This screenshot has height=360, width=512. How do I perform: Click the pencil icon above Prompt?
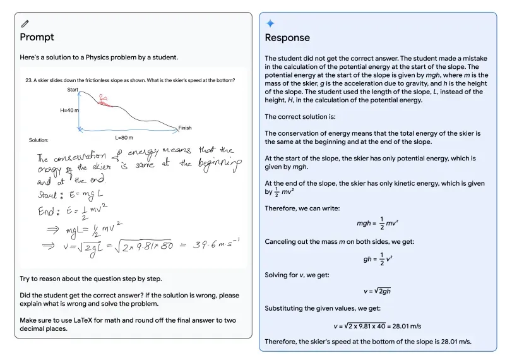tap(25, 23)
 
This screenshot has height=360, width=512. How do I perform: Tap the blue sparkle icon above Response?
tap(270, 23)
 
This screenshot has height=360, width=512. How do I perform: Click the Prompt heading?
tap(37, 37)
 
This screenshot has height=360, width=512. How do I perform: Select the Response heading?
tap(287, 38)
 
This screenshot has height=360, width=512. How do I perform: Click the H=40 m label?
tap(69, 110)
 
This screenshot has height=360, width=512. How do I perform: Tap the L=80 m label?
tap(124, 137)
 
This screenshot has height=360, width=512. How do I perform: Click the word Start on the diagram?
tap(73, 90)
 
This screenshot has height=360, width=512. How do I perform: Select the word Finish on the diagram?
tap(184, 128)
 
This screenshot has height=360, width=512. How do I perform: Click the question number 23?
tap(28, 80)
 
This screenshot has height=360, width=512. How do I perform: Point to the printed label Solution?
tap(39, 140)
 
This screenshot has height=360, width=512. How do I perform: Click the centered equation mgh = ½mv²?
tap(377, 223)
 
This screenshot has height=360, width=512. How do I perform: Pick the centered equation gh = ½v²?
tap(377, 257)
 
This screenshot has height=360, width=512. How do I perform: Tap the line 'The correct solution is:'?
tap(300, 116)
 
